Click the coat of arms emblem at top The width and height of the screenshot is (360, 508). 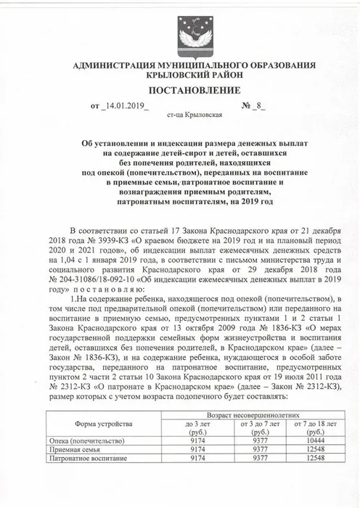click(x=179, y=32)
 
